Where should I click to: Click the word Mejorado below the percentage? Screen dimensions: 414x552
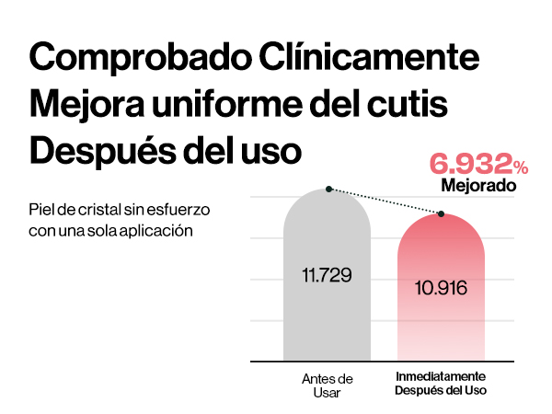pos(477,186)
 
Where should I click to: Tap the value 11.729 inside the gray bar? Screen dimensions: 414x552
pos(327,275)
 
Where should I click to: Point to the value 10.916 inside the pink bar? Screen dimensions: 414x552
pos(441,287)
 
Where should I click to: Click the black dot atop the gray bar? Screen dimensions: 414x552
pos(328,190)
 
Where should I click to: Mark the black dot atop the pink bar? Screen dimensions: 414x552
pos(443,214)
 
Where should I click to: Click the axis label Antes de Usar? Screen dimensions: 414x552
pos(327,385)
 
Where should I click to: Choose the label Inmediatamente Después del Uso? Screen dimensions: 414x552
pos(441,384)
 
